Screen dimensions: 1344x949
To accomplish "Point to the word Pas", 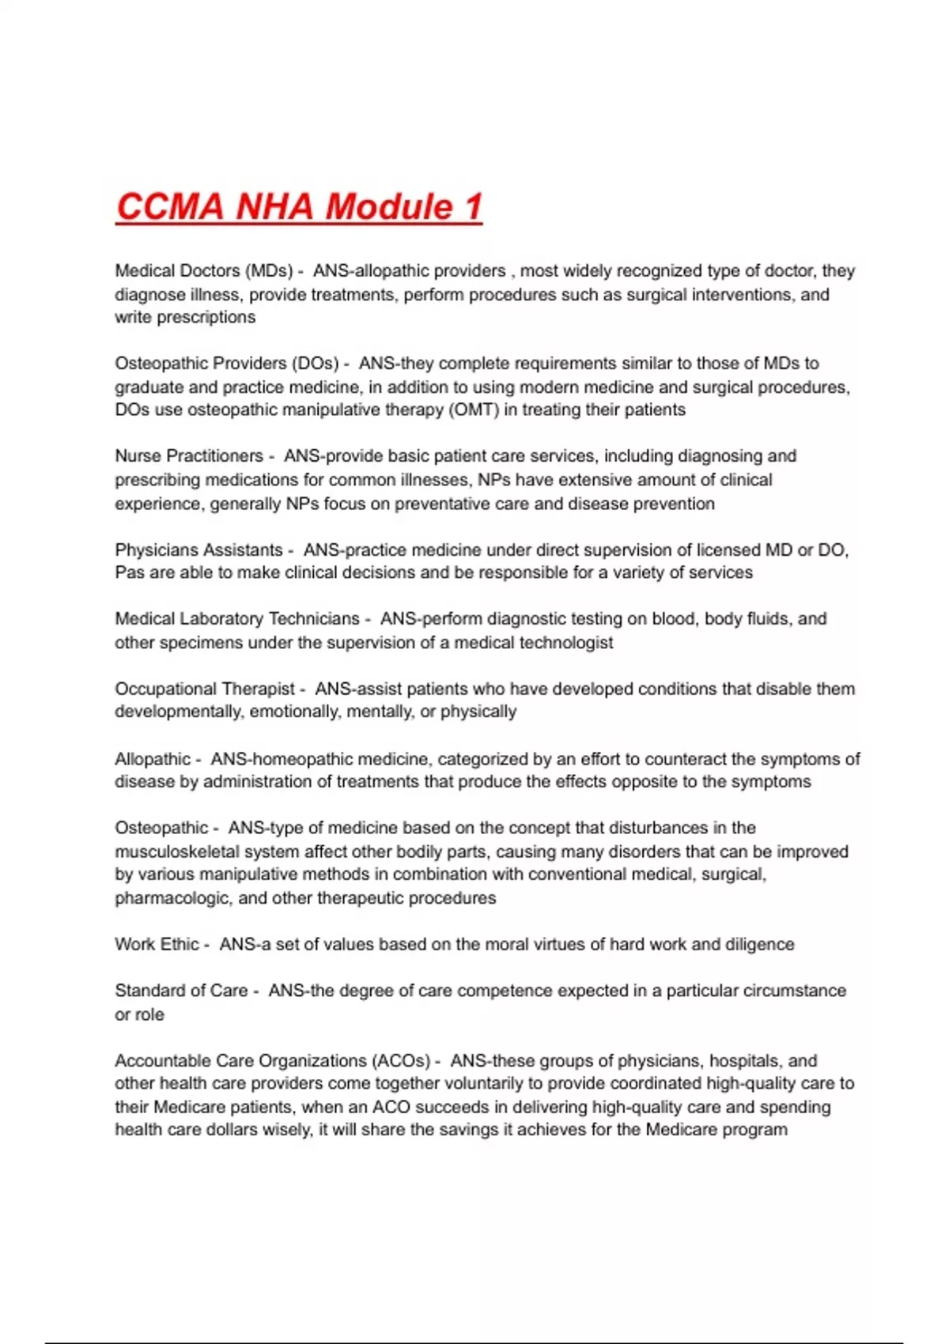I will coord(129,572).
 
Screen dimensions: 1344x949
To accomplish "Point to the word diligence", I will coord(759,945).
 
